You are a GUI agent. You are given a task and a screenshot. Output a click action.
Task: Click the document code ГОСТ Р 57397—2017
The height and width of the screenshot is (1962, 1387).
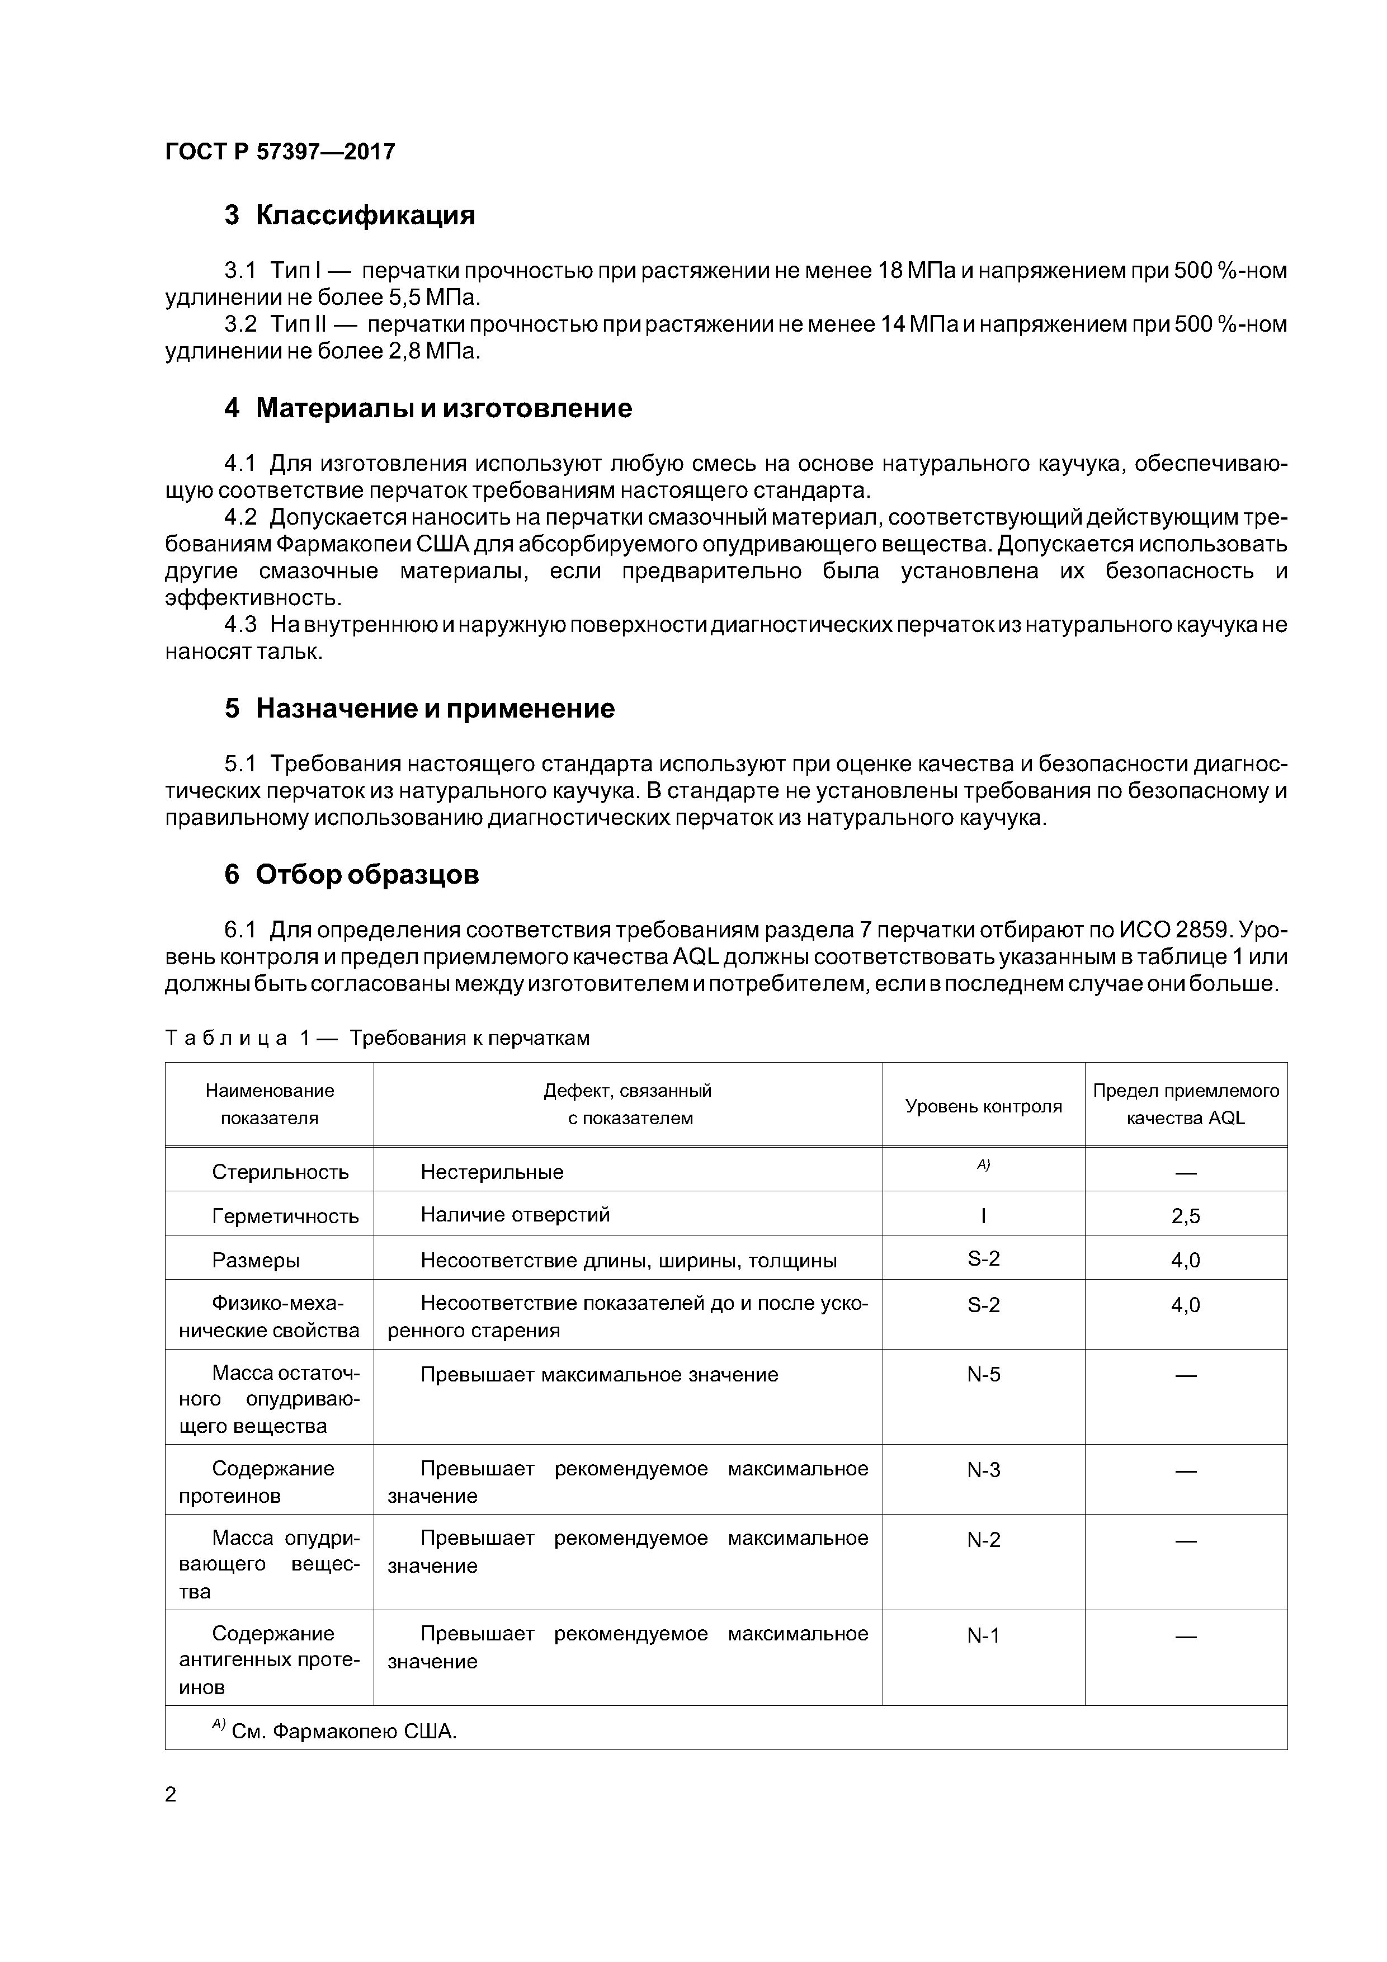(x=280, y=152)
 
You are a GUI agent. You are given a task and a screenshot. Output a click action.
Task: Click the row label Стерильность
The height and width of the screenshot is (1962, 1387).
(x=280, y=1172)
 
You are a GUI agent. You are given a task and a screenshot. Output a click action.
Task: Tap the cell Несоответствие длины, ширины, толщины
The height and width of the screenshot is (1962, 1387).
(x=628, y=1261)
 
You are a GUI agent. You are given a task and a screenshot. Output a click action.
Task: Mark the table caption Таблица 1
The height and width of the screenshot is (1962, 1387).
(x=248, y=1037)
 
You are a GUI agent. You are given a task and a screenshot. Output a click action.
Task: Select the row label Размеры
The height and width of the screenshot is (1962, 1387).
(x=256, y=1261)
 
